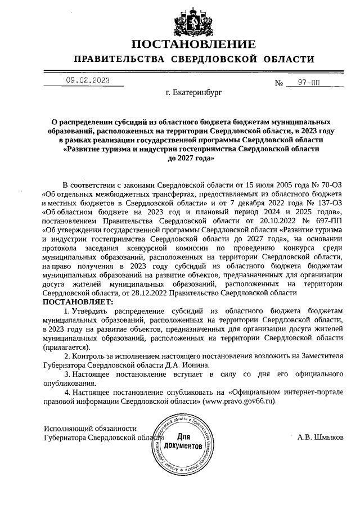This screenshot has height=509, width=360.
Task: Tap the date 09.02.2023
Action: click(87, 80)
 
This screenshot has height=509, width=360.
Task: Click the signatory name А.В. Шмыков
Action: click(321, 437)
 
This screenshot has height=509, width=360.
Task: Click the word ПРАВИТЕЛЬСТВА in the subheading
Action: click(119, 60)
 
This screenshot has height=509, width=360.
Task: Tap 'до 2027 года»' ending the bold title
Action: click(191, 159)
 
